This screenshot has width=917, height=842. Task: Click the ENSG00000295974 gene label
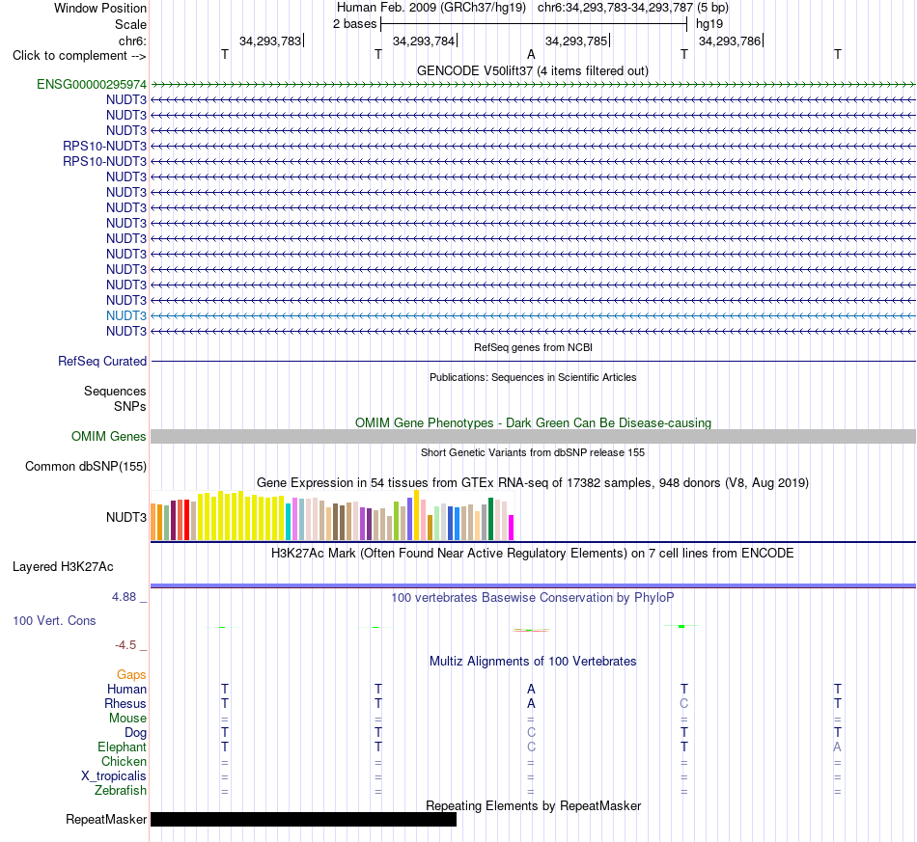[x=92, y=84]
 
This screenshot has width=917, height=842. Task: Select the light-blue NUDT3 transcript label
[x=126, y=315]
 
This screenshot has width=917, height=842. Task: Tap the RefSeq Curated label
[x=102, y=361]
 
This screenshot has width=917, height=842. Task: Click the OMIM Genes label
[x=109, y=437]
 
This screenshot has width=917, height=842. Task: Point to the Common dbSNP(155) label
[x=86, y=466]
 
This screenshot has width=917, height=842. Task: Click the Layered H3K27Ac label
[x=63, y=567]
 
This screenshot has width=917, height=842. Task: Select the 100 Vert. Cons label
[x=54, y=620]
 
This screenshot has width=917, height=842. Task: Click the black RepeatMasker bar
[x=303, y=819]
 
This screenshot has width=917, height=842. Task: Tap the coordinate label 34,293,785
[x=576, y=41]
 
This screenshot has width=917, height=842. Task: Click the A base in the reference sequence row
[x=531, y=54]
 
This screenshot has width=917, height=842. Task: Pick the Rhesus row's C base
[x=684, y=703]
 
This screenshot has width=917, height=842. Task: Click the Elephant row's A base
[x=838, y=747]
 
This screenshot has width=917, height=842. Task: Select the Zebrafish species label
[x=121, y=791]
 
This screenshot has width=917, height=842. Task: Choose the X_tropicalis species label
[x=114, y=776]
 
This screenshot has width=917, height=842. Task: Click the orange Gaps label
[x=131, y=675]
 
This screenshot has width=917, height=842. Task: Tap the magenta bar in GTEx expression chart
[x=512, y=528]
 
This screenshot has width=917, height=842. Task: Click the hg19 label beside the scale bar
[x=709, y=24]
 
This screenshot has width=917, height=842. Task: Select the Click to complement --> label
[x=79, y=56]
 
